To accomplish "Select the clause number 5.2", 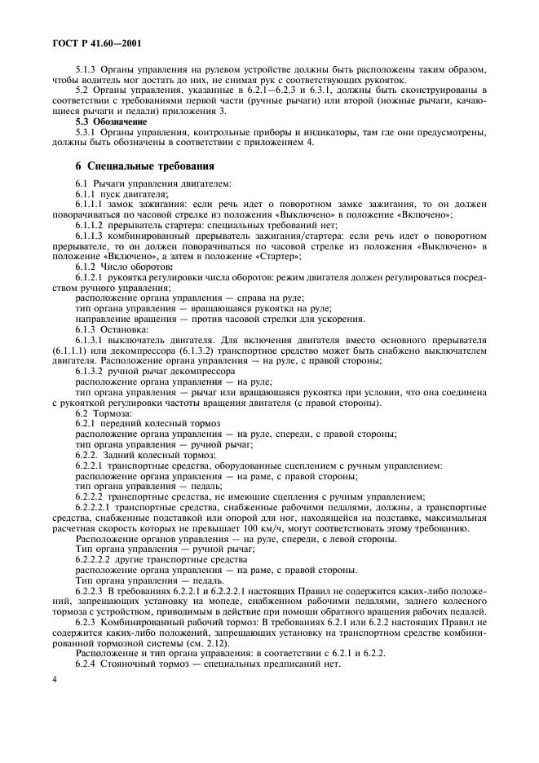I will point(82,90).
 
